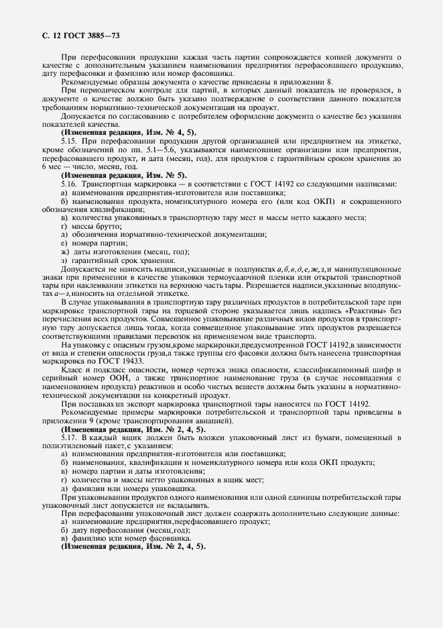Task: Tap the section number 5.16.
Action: [x=70, y=184]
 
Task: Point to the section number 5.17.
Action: [x=70, y=437]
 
